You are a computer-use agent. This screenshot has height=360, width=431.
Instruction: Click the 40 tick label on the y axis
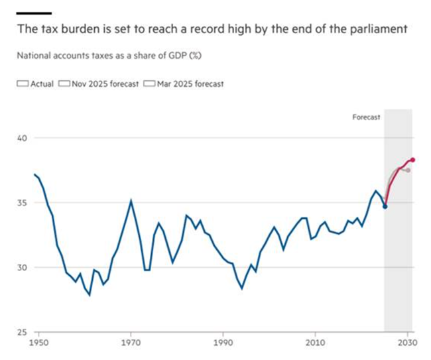pyautogui.click(x=22, y=138)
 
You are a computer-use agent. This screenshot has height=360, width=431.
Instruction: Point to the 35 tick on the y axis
pyautogui.click(x=22, y=202)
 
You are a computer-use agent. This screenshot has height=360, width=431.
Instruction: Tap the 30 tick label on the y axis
pyautogui.click(x=22, y=267)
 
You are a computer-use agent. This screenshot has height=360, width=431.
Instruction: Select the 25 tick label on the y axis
pyautogui.click(x=22, y=332)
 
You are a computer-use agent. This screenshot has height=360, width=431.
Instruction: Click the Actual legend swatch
pyautogui.click(x=22, y=84)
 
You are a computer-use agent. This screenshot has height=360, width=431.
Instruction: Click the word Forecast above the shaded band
pyautogui.click(x=366, y=117)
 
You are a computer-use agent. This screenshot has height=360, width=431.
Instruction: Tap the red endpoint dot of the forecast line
pyautogui.click(x=412, y=160)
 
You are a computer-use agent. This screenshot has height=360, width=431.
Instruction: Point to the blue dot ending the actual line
pyautogui.click(x=385, y=206)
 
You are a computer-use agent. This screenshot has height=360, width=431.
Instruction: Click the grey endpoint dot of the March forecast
pyautogui.click(x=408, y=170)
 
